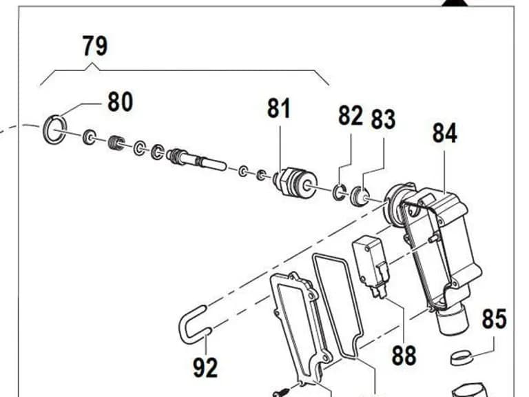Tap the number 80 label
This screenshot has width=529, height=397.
pyautogui.click(x=121, y=101)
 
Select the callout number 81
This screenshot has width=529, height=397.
pyautogui.click(x=279, y=108)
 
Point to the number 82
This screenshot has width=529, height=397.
pyautogui.click(x=351, y=115)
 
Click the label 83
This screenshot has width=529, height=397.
pyautogui.click(x=383, y=119)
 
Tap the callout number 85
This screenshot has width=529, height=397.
pyautogui.click(x=495, y=318)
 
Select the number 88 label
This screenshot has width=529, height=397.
pyautogui.click(x=404, y=355)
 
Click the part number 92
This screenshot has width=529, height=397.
pyautogui.click(x=205, y=367)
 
